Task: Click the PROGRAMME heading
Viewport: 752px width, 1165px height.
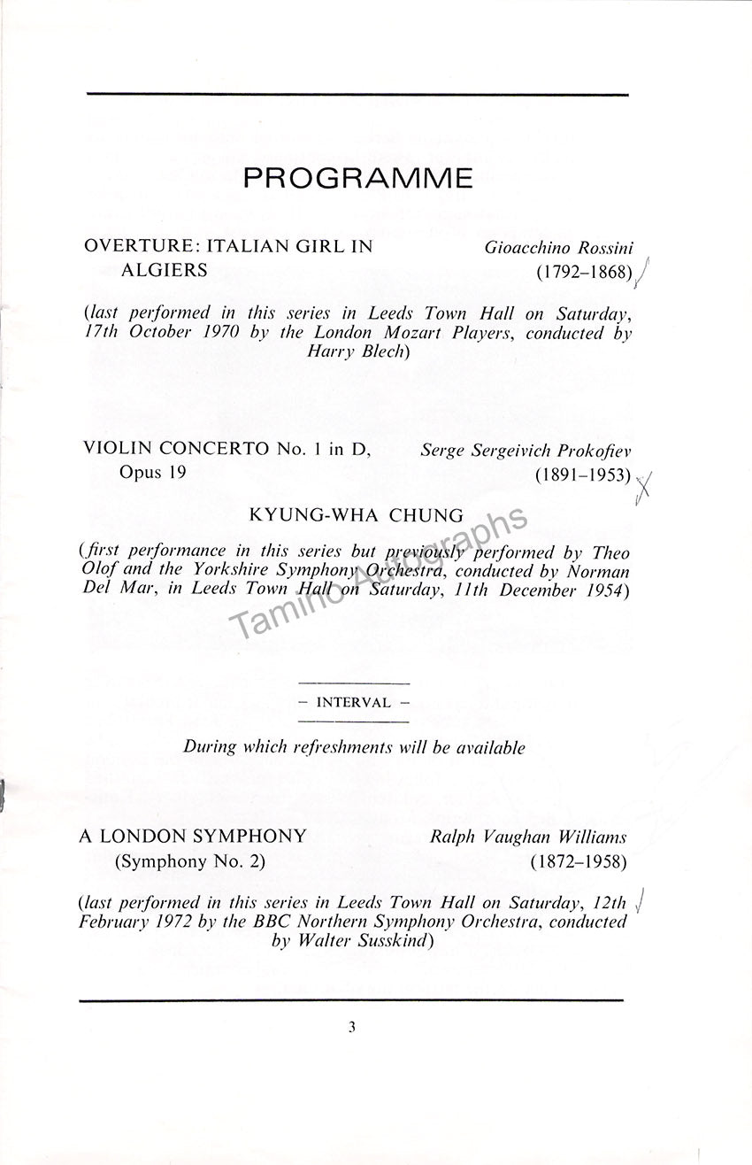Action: point(357,179)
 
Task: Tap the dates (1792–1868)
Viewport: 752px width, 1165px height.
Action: point(584,274)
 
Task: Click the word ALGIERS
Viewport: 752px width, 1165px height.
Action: point(164,270)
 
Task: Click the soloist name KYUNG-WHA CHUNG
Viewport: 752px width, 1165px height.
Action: point(357,514)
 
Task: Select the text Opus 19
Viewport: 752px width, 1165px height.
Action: point(153,473)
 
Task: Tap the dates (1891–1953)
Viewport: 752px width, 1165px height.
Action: point(583,475)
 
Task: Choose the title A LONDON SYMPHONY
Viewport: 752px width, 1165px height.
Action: point(193,836)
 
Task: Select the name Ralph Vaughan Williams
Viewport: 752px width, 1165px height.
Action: point(528,837)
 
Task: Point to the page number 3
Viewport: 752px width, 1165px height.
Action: point(351,1028)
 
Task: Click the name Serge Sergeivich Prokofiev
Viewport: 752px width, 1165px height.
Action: point(526,451)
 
